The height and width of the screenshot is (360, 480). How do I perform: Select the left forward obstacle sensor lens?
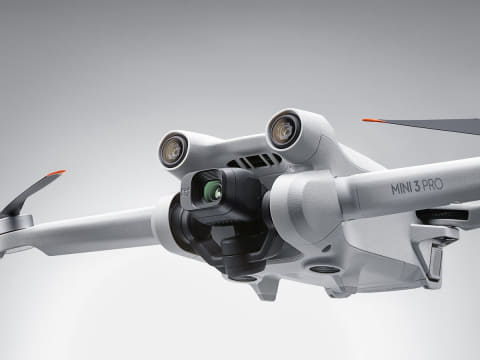[173, 148]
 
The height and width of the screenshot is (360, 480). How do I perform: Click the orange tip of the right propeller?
[371, 120]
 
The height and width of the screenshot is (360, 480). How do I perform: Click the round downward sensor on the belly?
[322, 269]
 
